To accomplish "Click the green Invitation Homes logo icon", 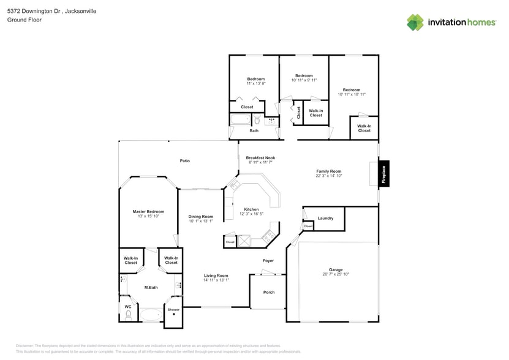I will [x=415, y=22].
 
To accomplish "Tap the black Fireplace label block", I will [x=384, y=173].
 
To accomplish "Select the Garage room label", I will [x=335, y=269].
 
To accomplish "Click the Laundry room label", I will [x=325, y=218].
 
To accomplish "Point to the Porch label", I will [x=269, y=292].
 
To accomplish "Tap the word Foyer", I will [x=268, y=260].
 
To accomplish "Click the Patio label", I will [x=184, y=161].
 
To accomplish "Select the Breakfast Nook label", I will [x=260, y=157].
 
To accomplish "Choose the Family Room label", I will [x=328, y=171].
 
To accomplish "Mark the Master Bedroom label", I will [x=148, y=212].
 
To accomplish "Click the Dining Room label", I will [x=200, y=217].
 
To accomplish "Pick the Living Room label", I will [x=216, y=276].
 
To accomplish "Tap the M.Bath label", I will [x=151, y=287].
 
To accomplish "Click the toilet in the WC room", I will [x=128, y=316].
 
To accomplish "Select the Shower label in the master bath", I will [x=174, y=309].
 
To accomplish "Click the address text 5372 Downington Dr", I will [x=31, y=11].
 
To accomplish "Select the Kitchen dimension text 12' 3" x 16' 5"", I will [x=251, y=214].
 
